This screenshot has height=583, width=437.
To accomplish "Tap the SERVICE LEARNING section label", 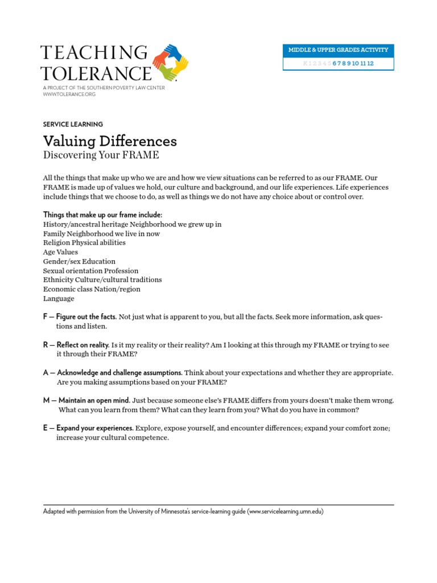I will (x=73, y=124).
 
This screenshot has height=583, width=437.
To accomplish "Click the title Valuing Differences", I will (x=110, y=141).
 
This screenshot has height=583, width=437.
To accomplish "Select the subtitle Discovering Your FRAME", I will (x=101, y=155).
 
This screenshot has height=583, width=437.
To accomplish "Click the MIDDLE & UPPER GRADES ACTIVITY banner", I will (x=338, y=50).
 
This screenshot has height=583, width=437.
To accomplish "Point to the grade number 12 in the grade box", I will (x=370, y=63).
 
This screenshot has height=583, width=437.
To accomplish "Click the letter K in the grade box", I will (x=305, y=63).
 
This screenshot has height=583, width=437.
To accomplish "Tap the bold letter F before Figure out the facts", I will (x=45, y=317).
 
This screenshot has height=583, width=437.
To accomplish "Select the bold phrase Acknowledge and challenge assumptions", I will (x=119, y=373).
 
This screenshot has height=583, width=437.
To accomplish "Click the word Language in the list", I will (x=59, y=298).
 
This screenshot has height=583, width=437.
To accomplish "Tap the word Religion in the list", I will (x=56, y=243).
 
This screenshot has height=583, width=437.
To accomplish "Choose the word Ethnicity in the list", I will (x=58, y=280).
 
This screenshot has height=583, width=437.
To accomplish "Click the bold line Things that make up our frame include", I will (x=102, y=215).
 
